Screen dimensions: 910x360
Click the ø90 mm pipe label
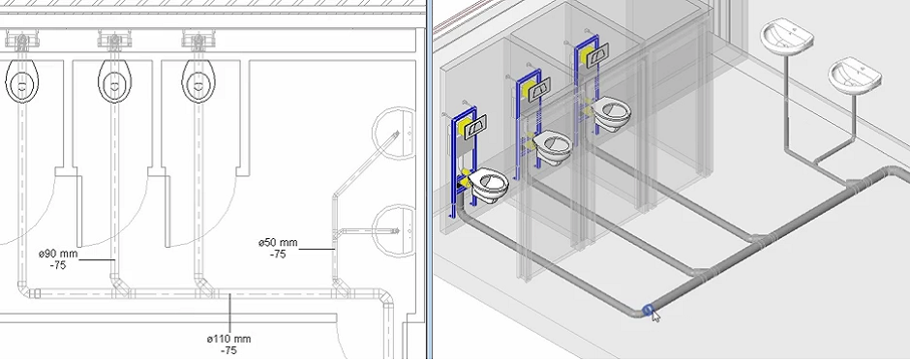58,254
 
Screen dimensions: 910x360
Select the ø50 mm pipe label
278,242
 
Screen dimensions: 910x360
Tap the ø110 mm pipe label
229,339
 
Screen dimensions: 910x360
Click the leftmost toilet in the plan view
22,81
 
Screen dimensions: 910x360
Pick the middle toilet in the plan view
114,81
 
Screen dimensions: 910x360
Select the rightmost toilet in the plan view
198,81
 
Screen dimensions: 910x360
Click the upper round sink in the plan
394,134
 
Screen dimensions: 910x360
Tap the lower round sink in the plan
394,231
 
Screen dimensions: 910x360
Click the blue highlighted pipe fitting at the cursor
649,310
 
